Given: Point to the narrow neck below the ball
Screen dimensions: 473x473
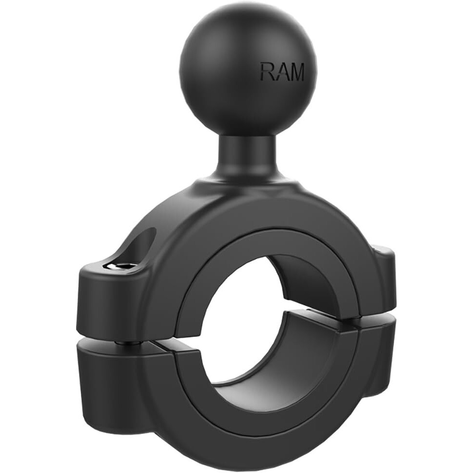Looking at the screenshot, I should (247, 155).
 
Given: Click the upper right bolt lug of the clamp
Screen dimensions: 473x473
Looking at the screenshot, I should (383, 281).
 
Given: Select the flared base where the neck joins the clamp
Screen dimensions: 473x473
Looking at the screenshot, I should (247, 189).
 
